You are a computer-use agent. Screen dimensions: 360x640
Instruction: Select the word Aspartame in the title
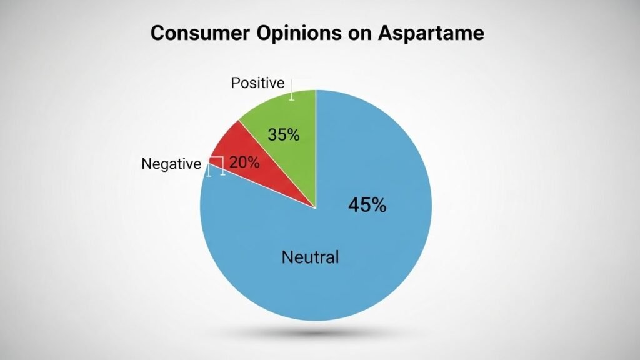[430, 32]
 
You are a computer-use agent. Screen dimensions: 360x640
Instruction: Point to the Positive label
[257, 83]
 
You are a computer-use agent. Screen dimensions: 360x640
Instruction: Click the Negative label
[171, 164]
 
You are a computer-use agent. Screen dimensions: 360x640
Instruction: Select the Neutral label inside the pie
[310, 256]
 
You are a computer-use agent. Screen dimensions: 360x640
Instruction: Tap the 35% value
[283, 134]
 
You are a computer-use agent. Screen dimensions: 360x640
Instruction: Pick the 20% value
[244, 162]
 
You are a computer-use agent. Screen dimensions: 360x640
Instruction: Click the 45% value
[366, 205]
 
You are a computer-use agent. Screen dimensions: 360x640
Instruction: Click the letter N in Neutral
[287, 256]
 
